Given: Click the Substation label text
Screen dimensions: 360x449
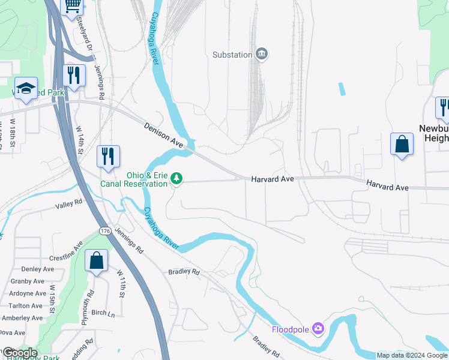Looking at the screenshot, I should pyautogui.click(x=232, y=55).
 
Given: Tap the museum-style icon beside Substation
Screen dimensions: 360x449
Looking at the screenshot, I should pyautogui.click(x=262, y=55).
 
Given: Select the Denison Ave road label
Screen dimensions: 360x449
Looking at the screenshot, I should pyautogui.click(x=163, y=134).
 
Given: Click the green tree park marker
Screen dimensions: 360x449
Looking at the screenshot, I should pyautogui.click(x=176, y=178).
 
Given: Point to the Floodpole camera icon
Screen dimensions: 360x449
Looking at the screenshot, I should pyautogui.click(x=318, y=329).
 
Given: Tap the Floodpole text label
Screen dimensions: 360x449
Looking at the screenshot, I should pyautogui.click(x=290, y=329).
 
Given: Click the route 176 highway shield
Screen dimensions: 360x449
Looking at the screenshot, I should pyautogui.click(x=105, y=230).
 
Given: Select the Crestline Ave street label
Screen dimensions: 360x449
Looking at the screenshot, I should pyautogui.click(x=66, y=251).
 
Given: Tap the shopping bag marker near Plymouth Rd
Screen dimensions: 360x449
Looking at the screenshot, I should pyautogui.click(x=96, y=261).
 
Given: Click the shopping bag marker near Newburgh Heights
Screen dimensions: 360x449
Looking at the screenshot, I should pyautogui.click(x=402, y=145).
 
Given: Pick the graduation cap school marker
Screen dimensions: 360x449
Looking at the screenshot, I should pyautogui.click(x=26, y=89).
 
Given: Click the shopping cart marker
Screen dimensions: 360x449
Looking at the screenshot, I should pyautogui.click(x=73, y=6).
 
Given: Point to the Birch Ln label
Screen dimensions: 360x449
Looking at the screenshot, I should pyautogui.click(x=103, y=313).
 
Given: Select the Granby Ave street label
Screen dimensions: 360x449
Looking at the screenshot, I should pyautogui.click(x=28, y=281).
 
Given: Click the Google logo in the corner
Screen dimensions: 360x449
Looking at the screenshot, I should pyautogui.click(x=20, y=353).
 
